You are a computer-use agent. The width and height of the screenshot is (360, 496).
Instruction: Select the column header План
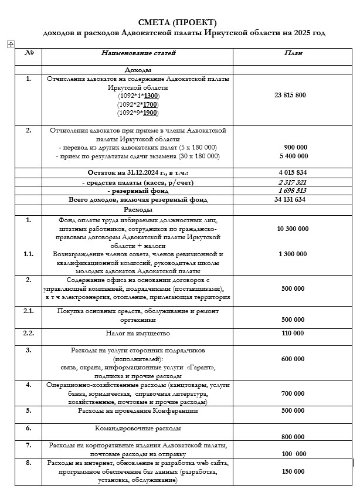[x=293, y=53]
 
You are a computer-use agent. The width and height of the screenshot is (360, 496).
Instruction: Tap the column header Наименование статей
[x=138, y=53]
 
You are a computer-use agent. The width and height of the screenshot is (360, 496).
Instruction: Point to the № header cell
[x=29, y=53]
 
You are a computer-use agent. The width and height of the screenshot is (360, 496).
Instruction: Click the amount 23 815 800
[x=290, y=95]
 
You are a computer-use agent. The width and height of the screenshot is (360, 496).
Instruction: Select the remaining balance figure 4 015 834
[x=293, y=173]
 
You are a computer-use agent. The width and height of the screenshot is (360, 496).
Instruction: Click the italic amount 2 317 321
[x=293, y=182]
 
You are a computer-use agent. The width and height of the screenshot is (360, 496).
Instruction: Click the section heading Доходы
[x=138, y=70]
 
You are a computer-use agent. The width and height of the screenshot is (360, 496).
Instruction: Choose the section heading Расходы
[x=138, y=209]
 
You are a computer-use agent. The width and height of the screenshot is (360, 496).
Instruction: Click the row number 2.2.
[x=29, y=333]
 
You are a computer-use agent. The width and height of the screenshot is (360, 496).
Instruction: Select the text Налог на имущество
[x=138, y=333]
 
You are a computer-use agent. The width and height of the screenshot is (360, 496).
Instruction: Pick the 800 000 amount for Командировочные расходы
[x=293, y=437]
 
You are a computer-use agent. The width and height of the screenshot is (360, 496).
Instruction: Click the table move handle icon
[x=9, y=43]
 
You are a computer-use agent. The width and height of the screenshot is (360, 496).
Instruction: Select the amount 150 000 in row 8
[x=293, y=471]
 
